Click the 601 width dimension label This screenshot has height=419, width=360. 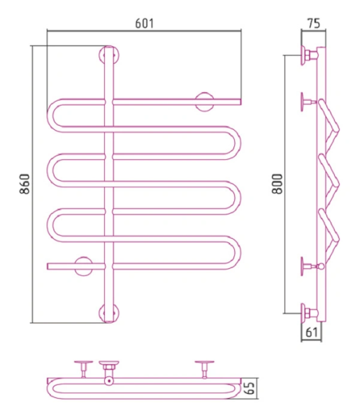pos(145,24)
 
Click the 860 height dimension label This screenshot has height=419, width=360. pos(25,184)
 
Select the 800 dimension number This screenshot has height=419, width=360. pos(277,184)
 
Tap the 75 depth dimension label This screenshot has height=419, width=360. pos(313,24)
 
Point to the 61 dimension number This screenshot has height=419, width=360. pos(312,332)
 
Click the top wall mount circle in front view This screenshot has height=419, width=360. pos(109,56)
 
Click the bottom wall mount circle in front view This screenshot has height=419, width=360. pos(109,313)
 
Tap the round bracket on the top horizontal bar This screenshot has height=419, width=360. pos(205,102)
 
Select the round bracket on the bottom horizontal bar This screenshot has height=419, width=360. pos(83,267)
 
